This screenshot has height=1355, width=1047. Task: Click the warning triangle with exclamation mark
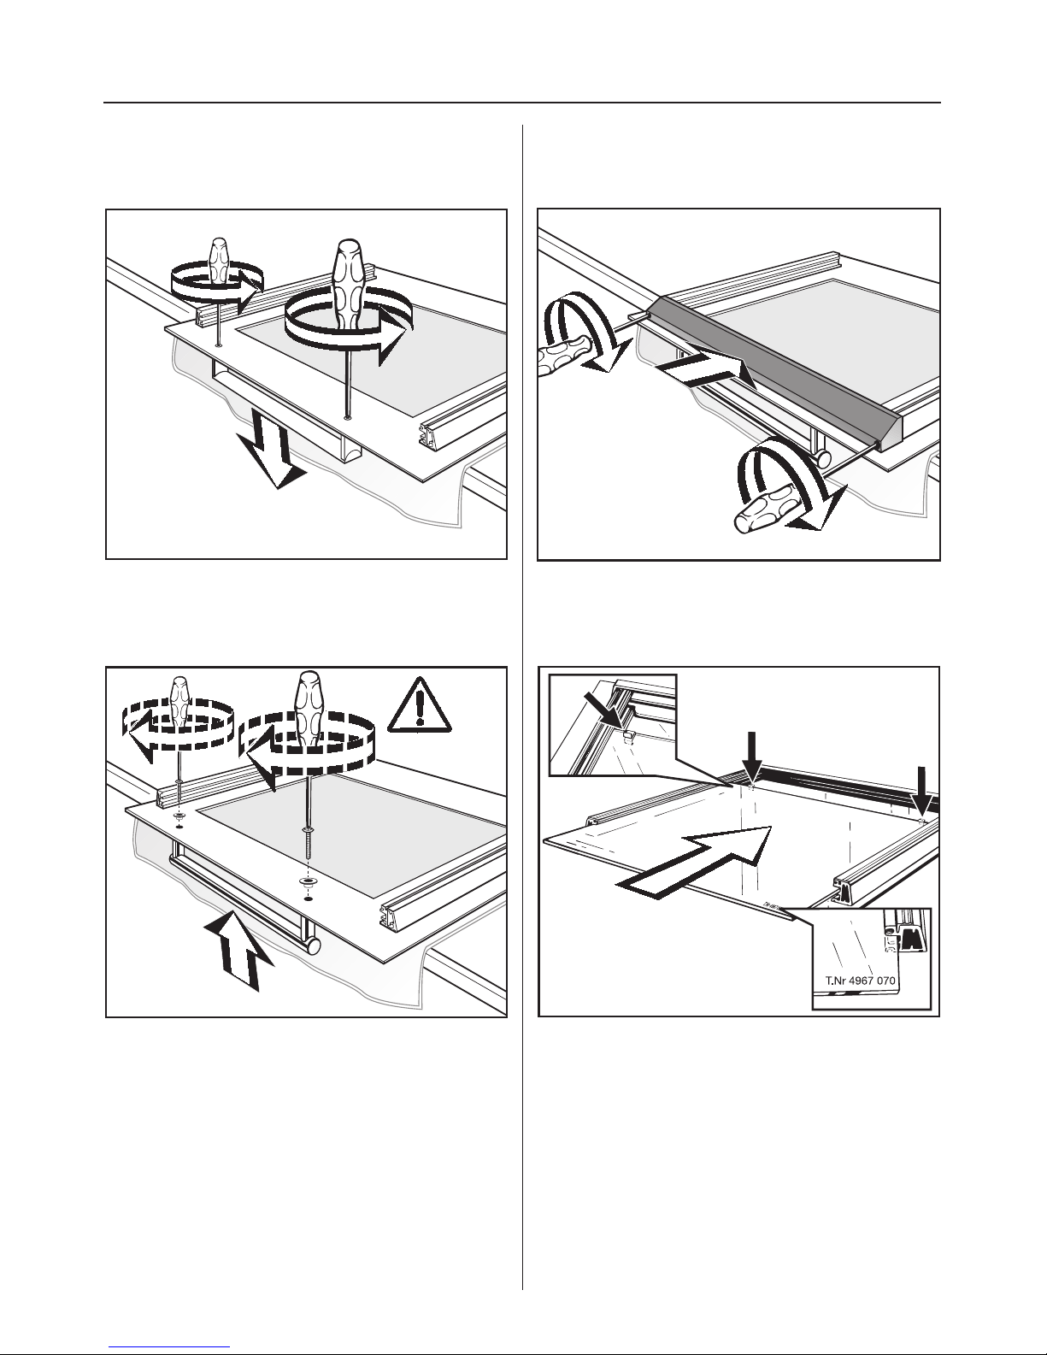[420, 705]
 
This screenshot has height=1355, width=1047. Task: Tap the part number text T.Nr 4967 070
[860, 981]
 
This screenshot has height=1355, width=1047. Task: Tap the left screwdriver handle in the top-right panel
[562, 356]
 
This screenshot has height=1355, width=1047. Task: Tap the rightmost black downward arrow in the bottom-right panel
[925, 792]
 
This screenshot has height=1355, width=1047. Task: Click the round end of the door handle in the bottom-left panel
[311, 948]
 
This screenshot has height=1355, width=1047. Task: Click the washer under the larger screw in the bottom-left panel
[307, 881]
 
